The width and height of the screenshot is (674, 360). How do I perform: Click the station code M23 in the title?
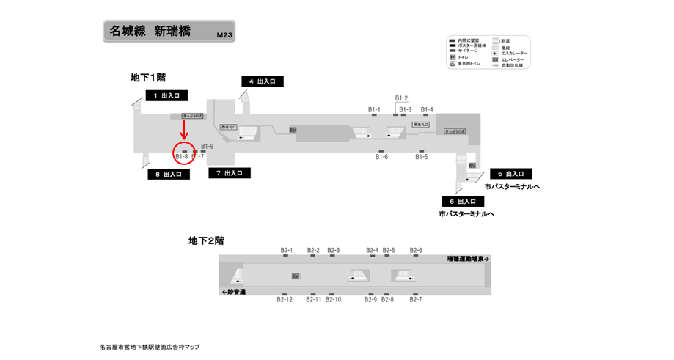224,34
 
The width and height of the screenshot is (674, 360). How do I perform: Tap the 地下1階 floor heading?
148,77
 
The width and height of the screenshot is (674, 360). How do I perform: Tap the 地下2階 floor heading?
206,240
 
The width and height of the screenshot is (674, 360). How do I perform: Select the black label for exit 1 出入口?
167,95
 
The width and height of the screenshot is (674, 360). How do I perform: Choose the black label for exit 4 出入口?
263,81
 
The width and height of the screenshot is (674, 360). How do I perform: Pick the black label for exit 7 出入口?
230,173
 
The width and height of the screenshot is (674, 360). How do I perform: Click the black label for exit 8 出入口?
169,175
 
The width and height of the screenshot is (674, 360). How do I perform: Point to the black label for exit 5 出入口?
510,174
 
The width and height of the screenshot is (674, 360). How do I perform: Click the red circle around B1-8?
183,153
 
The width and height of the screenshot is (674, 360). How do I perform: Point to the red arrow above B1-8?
183,131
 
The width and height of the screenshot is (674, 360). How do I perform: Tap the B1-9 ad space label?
207,147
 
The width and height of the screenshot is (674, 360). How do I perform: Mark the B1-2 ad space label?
401,98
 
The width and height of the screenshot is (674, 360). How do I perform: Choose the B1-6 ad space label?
381,157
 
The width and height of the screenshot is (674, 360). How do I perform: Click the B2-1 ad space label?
287,250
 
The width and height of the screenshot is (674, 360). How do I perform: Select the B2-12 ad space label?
285,299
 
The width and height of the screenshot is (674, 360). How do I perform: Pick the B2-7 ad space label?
416,299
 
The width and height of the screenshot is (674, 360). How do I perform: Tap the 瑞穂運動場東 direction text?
468,259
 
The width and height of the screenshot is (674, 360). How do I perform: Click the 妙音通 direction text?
233,292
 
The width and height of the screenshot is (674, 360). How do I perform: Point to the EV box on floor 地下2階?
296,276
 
